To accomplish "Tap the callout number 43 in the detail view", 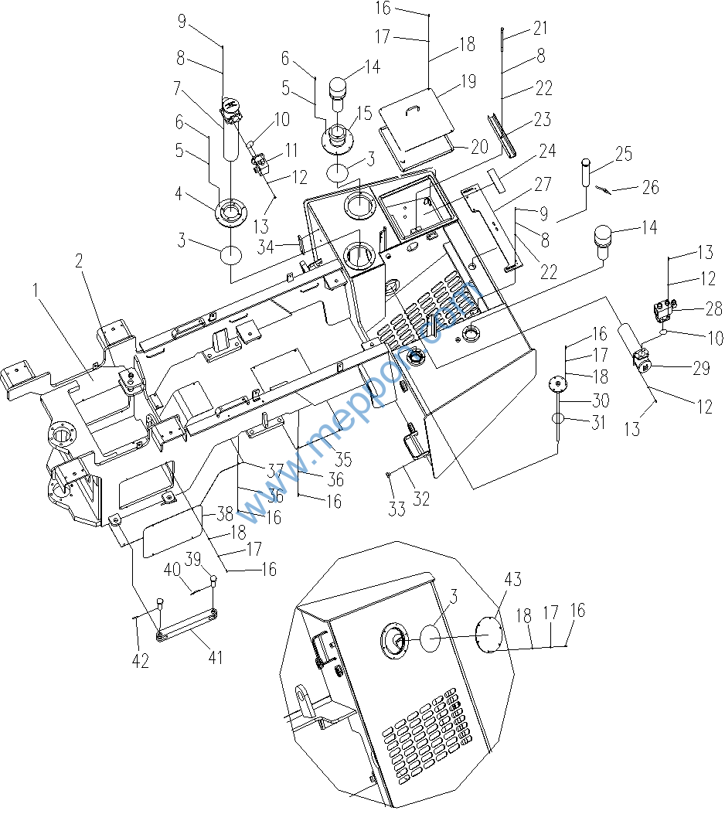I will pos(513,580).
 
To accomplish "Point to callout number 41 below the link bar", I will pos(215,659).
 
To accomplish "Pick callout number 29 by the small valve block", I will pos(701,368).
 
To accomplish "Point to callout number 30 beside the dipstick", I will pos(600,400).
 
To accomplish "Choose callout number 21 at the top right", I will pos(539,29).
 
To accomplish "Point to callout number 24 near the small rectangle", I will pos(547,150).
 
